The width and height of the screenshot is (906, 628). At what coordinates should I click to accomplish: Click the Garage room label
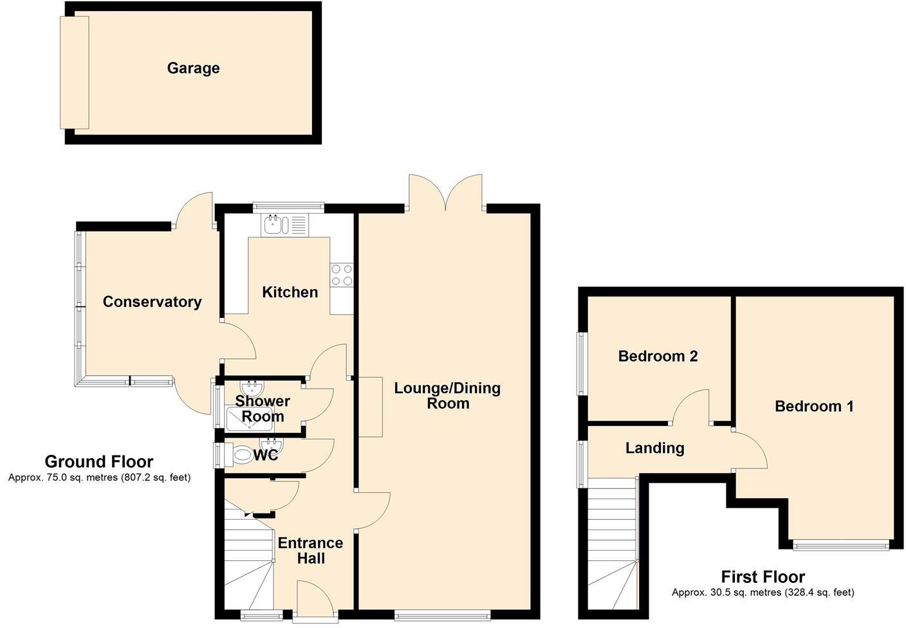(x=193, y=68)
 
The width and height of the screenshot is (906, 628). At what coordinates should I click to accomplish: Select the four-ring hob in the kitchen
(x=342, y=275)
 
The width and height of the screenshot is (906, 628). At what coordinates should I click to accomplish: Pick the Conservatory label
(x=152, y=302)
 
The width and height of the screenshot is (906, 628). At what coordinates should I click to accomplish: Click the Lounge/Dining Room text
(x=447, y=396)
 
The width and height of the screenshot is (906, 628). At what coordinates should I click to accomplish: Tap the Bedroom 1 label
(x=814, y=406)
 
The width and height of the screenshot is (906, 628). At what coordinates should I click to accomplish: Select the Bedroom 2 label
(x=658, y=356)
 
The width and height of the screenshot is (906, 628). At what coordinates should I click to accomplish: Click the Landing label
(x=654, y=448)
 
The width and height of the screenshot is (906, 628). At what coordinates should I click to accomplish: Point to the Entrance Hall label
(x=310, y=550)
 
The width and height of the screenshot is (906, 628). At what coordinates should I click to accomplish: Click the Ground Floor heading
(x=99, y=461)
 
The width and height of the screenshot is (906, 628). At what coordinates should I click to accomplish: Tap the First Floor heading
(x=763, y=577)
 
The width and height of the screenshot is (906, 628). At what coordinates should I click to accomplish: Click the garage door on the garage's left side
(x=74, y=72)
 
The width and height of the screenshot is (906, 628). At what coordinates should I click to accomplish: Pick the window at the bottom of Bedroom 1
(x=840, y=546)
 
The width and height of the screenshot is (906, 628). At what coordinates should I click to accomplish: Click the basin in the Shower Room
(x=250, y=388)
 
